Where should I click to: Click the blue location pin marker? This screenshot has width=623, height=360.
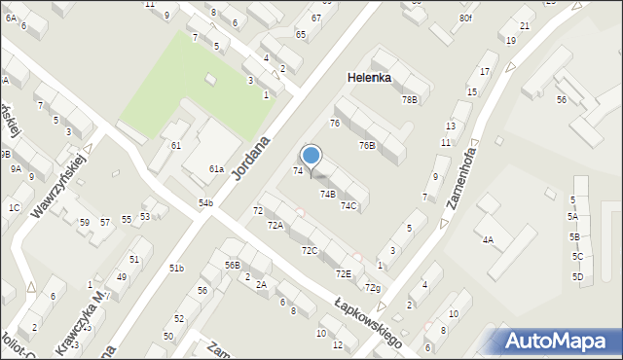click(311, 157)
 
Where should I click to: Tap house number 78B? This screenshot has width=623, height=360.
click(409, 99)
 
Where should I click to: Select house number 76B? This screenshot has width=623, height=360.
click(366, 145)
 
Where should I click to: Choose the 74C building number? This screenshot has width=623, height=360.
click(348, 205)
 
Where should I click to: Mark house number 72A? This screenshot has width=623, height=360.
click(275, 225)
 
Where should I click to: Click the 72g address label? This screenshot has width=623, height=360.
click(371, 288)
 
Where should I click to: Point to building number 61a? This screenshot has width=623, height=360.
click(216, 169)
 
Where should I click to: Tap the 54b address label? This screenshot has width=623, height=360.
click(205, 202)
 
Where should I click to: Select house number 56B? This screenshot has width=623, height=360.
click(232, 265)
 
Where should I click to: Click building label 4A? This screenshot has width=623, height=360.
click(488, 239)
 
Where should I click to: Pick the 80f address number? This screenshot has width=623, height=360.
click(465, 18)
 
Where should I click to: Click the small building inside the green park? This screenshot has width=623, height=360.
click(211, 79)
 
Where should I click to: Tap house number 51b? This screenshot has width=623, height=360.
click(176, 268)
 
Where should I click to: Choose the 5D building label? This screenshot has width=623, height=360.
click(577, 276)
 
